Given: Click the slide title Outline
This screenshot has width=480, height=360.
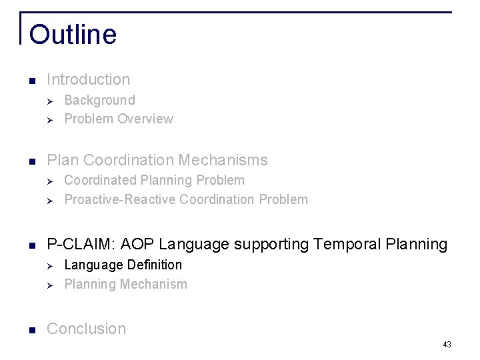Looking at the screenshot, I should click(73, 34).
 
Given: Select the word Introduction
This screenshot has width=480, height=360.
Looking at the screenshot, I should click(89, 79).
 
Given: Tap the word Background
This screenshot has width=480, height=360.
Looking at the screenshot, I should click(99, 101).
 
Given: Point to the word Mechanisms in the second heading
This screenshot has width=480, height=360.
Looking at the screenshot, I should click(228, 160).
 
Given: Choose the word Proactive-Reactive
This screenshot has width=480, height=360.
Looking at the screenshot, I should click(120, 199).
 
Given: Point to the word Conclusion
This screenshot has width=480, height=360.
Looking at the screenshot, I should click(87, 329).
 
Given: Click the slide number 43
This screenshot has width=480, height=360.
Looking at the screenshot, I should click(447, 345).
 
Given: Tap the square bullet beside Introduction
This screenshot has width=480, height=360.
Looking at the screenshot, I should click(32, 80).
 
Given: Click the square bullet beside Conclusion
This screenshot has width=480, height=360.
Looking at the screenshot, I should click(32, 329).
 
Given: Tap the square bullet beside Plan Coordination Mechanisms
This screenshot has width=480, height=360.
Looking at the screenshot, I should click(32, 161).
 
